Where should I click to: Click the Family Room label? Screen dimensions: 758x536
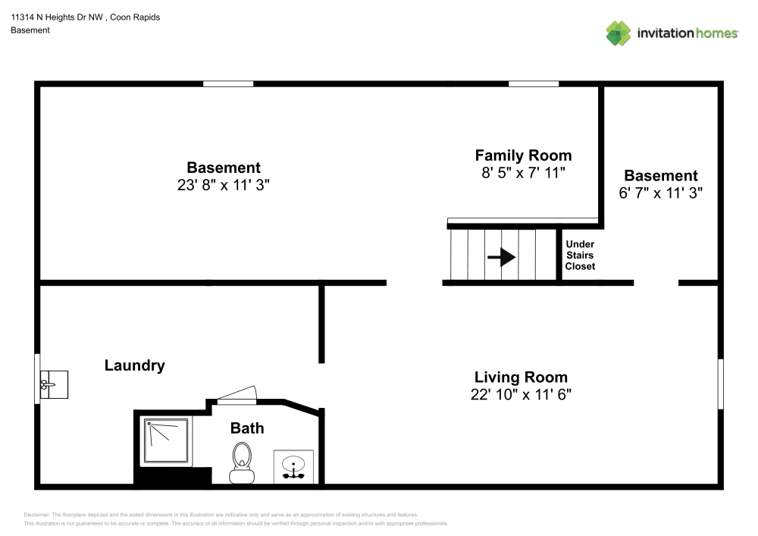[523, 155]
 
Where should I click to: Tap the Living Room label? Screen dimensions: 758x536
[521, 377]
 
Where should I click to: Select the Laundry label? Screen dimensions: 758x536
[134, 365]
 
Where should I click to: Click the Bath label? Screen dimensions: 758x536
[247, 428]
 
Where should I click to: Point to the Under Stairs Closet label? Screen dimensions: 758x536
[580, 255]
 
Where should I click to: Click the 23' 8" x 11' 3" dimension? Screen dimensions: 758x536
[224, 185]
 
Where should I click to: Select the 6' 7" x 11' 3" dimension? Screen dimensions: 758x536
[661, 193]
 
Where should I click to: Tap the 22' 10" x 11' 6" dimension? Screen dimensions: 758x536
[521, 394]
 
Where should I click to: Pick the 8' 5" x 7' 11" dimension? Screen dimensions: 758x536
[523, 173]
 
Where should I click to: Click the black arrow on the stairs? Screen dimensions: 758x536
[502, 257]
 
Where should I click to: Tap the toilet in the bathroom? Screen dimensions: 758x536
[242, 462]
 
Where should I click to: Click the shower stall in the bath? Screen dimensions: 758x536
[166, 440]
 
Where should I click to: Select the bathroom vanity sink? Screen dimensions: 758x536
[293, 467]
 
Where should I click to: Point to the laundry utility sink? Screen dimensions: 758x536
[54, 384]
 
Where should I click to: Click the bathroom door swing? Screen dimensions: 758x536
[236, 395]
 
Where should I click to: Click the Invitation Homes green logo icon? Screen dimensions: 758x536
[619, 33]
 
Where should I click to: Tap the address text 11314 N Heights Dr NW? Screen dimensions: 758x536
[57, 17]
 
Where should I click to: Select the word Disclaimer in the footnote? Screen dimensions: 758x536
[36, 515]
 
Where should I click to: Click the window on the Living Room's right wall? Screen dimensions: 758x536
[720, 384]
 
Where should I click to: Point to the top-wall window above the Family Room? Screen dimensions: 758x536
[534, 84]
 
